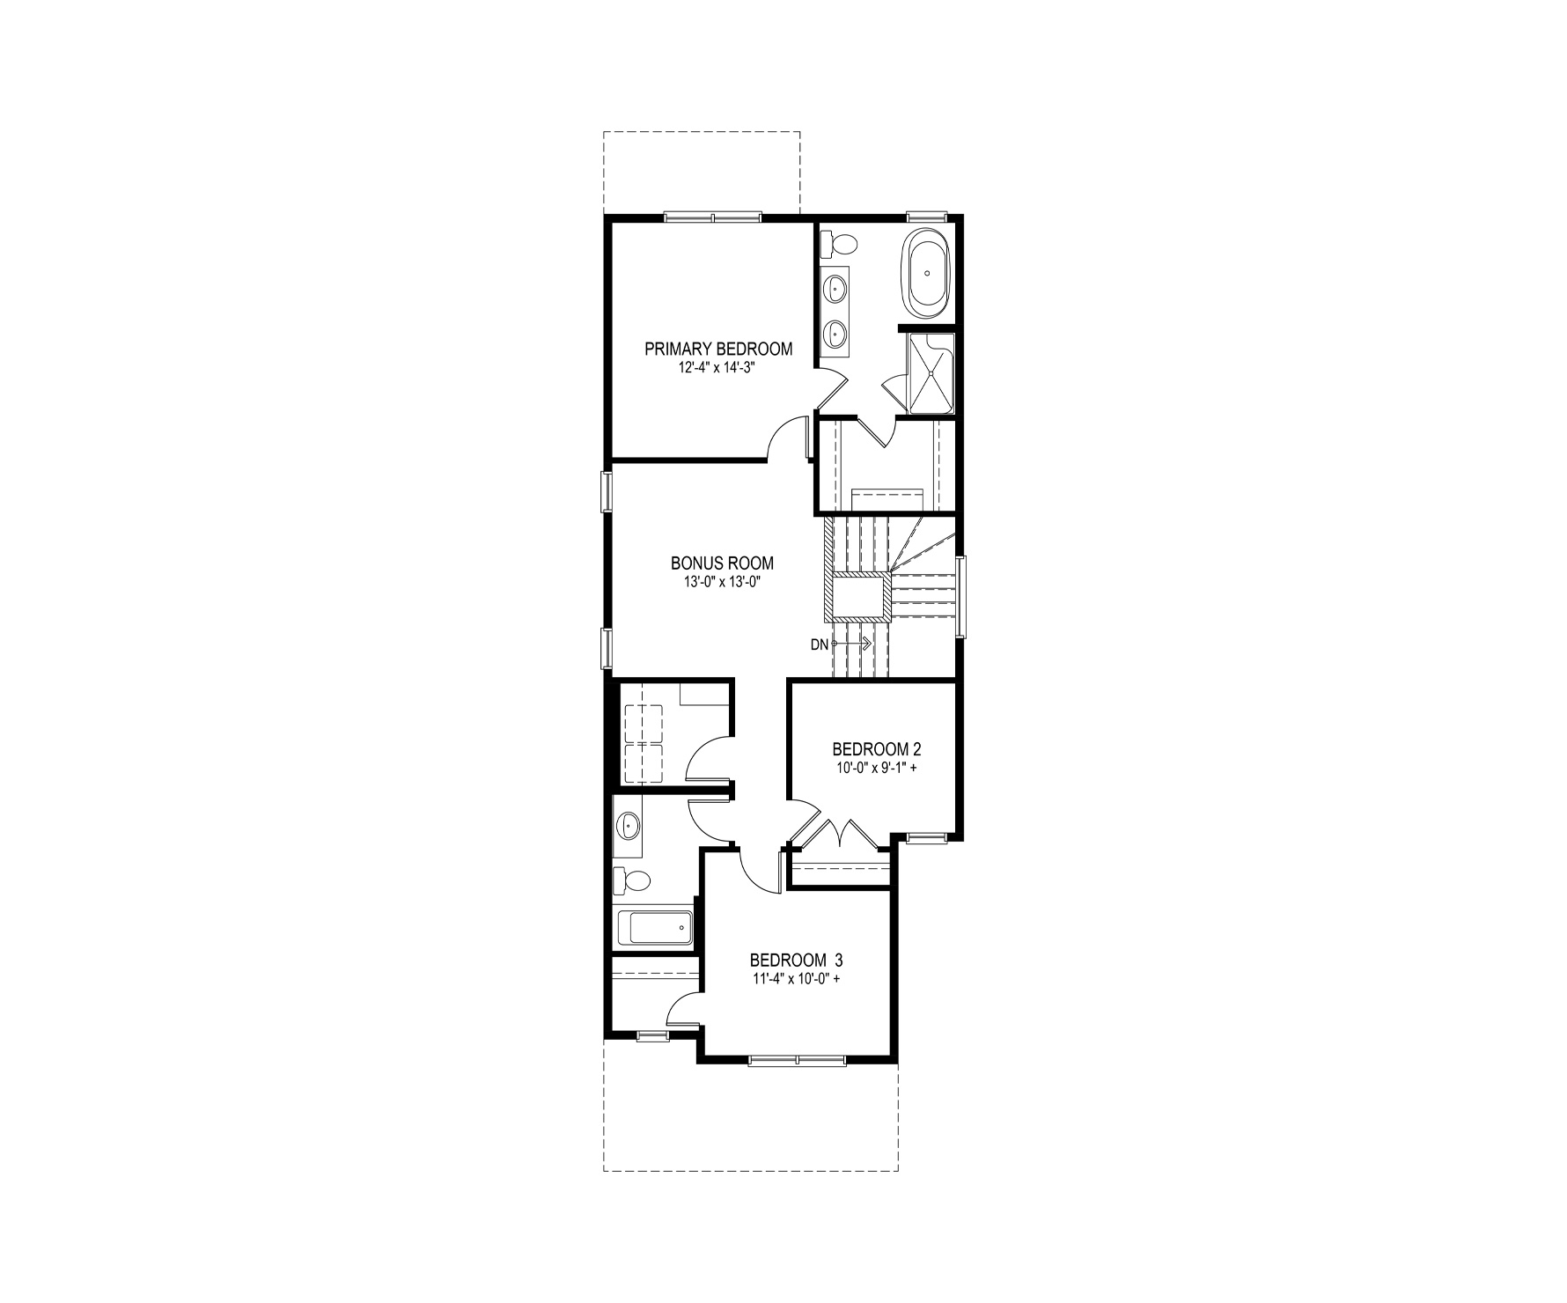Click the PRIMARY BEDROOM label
[718, 349]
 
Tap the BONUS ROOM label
[722, 563]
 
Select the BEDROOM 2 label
[877, 749]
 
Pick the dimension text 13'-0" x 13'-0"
[722, 581]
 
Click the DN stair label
[819, 644]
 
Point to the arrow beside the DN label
[850, 644]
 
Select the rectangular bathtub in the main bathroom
[654, 927]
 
